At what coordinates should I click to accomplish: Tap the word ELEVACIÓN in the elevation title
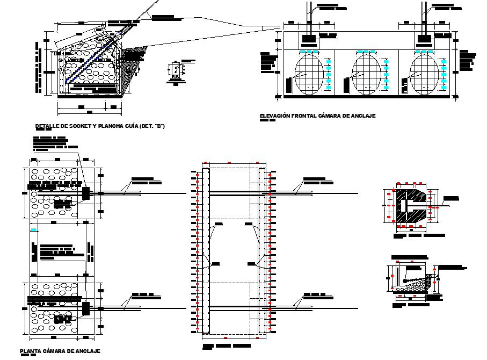pos(274,116)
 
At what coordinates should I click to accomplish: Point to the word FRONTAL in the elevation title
pos(303,116)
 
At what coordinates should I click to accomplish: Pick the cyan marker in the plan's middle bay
pos(34,230)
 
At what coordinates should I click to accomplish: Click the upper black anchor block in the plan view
pos(85,191)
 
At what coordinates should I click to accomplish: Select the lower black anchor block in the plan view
pos(85,308)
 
